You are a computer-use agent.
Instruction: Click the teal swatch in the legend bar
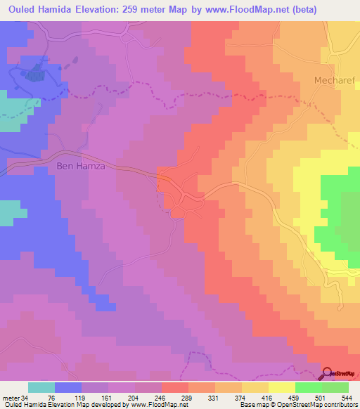point(41,387)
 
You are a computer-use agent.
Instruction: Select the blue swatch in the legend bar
point(68,387)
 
